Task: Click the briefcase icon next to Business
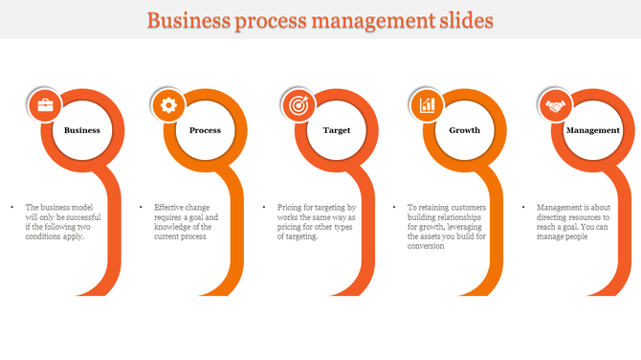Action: click(46, 105)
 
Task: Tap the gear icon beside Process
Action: click(169, 105)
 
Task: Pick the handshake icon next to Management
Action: click(555, 105)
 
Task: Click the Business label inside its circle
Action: click(82, 130)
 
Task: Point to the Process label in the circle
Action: click(206, 130)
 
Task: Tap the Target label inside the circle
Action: click(336, 130)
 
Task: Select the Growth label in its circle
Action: click(465, 130)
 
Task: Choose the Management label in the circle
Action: click(593, 130)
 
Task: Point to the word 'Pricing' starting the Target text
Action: click(291, 207)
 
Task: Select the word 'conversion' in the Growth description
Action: click(426, 246)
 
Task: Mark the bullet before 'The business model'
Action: click(11, 207)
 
